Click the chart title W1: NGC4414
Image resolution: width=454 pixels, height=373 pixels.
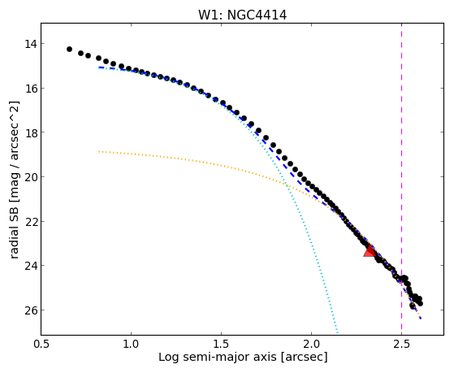tap(242, 15)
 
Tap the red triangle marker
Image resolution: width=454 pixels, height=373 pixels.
tap(370, 251)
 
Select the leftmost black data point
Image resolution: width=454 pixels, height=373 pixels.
tap(69, 50)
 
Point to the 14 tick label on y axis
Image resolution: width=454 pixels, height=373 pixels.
tap(31, 44)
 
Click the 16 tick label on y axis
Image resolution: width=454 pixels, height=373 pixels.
tap(31, 89)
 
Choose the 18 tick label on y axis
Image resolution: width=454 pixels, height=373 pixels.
tap(31, 132)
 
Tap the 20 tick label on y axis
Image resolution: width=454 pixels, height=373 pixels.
tap(31, 177)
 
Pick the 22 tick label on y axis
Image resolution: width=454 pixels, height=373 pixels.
tap(31, 222)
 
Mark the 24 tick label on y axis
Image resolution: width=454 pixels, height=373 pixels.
tap(31, 266)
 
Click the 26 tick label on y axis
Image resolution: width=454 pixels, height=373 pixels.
tap(31, 310)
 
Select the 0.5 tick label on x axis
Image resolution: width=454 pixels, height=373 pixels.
tap(41, 344)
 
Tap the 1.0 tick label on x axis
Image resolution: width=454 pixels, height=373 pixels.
tap(131, 344)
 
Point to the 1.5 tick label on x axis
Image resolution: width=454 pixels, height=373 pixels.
tap(221, 344)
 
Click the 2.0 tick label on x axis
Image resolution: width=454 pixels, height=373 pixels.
tap(311, 344)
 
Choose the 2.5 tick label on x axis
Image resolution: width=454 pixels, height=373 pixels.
tap(401, 344)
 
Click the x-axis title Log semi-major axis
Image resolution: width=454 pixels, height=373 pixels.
tap(218, 357)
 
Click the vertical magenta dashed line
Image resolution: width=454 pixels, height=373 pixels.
tap(401, 179)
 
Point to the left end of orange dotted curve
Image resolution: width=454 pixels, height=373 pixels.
tap(99, 151)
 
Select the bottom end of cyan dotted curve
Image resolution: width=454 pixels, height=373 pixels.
tap(337, 333)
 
